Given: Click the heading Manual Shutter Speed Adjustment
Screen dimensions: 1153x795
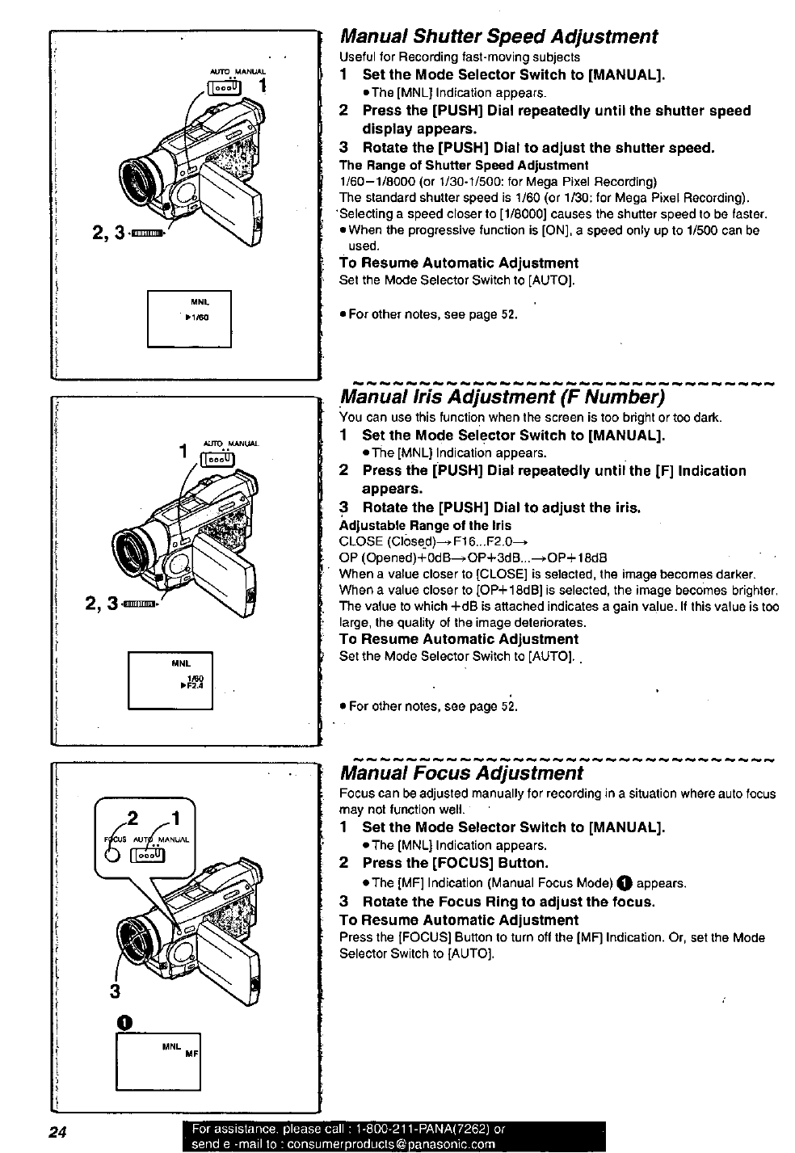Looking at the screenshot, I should click(498, 37).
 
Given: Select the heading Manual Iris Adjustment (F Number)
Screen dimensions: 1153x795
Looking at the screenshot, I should click(503, 398).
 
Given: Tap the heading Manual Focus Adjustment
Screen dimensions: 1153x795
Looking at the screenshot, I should click(461, 773).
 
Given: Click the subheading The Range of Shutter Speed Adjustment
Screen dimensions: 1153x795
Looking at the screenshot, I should click(464, 165).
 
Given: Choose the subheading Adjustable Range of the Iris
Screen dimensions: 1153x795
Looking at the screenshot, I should click(425, 525).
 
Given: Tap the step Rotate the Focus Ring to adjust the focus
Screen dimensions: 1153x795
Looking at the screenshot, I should click(508, 901).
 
